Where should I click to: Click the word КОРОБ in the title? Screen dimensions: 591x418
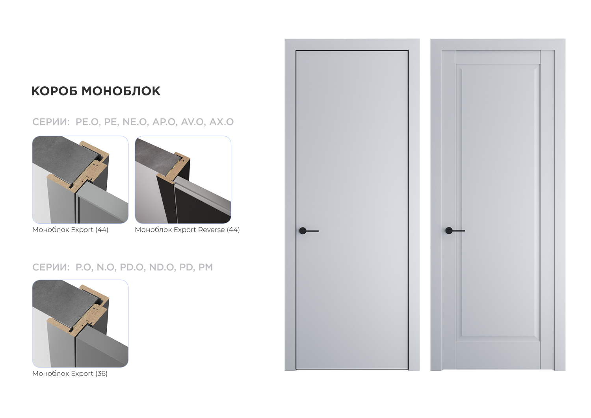click(54, 91)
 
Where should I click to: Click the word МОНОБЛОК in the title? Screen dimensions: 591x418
click(121, 91)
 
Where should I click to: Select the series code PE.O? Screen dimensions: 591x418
click(87, 122)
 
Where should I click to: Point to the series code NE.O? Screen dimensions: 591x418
click(135, 122)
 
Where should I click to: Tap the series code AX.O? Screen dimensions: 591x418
click(221, 122)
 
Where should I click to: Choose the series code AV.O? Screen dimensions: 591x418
click(192, 122)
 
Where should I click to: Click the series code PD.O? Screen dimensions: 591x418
click(132, 267)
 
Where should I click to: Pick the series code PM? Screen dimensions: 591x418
click(206, 267)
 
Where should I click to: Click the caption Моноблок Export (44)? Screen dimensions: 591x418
click(70, 230)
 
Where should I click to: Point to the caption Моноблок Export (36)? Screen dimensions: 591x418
click(70, 373)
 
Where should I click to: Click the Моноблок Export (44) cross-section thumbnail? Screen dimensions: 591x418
click(80, 180)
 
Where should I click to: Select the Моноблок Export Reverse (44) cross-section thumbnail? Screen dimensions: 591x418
click(183, 180)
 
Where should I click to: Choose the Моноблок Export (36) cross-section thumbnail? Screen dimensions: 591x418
click(80, 323)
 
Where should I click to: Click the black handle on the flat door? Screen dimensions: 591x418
click(309, 231)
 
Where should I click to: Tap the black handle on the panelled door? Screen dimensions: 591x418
click(455, 230)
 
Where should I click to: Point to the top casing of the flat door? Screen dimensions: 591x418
click(352, 45)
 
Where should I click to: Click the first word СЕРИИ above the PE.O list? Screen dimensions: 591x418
click(51, 122)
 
